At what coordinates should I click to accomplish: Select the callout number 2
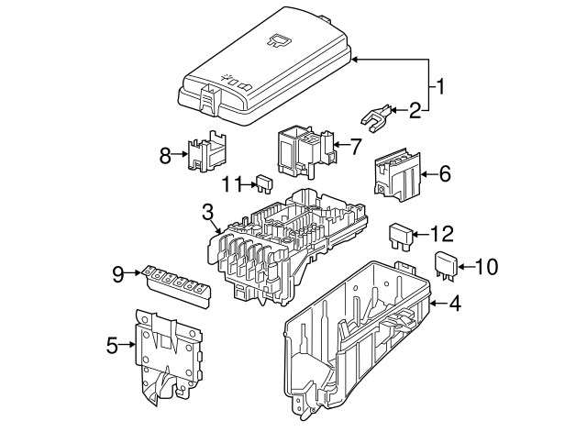click(x=415, y=111)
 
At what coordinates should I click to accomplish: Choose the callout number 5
click(x=113, y=346)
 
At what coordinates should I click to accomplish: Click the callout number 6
click(x=445, y=173)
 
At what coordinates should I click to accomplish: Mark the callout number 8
click(x=165, y=156)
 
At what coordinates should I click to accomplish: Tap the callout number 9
click(x=118, y=271)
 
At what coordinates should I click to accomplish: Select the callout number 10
click(x=486, y=267)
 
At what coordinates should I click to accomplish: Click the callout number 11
click(x=231, y=183)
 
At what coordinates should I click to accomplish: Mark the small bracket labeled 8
click(x=206, y=151)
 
